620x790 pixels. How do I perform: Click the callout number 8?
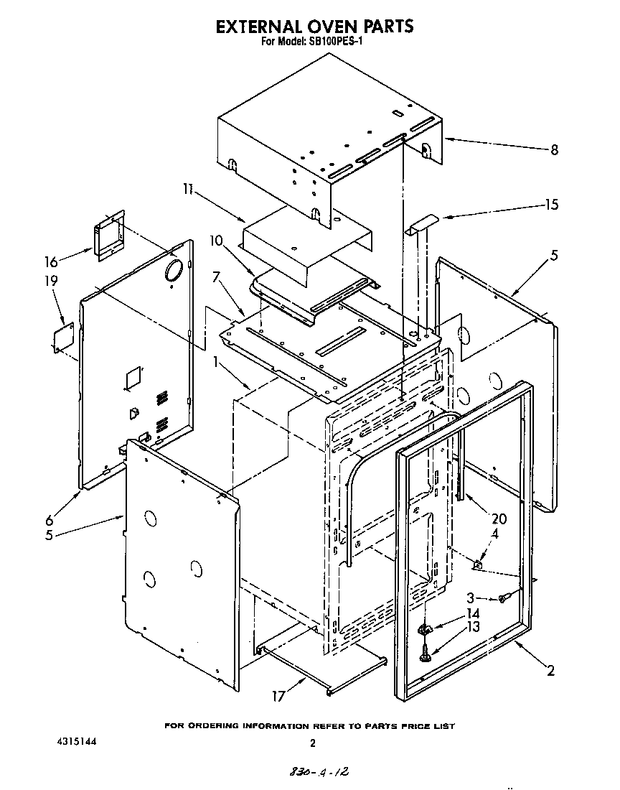[x=553, y=150]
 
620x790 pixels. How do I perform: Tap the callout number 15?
[x=550, y=205]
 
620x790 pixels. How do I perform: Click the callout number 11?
[x=187, y=189]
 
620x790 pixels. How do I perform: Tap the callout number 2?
[x=550, y=672]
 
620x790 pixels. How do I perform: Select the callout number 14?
[x=471, y=613]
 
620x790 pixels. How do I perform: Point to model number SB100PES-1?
[x=340, y=42]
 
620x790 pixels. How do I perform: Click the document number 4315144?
[x=75, y=740]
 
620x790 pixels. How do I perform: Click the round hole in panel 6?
[x=173, y=270]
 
